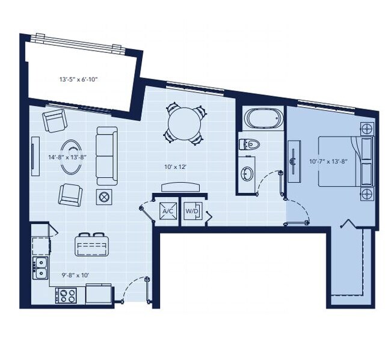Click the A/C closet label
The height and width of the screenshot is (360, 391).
(167, 212)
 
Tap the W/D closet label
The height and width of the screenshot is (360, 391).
(192, 212)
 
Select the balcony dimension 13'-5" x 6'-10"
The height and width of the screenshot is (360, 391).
(78, 79)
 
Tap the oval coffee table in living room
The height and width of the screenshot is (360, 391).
(73, 157)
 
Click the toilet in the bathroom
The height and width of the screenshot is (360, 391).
(250, 144)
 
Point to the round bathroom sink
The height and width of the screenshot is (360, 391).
(247, 174)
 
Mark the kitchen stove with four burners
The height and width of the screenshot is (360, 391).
(66, 296)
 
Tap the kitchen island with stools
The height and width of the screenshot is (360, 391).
(93, 245)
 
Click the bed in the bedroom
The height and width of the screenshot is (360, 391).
(344, 160)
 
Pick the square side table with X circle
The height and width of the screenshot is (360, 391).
(105, 196)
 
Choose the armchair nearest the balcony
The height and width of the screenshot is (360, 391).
(55, 121)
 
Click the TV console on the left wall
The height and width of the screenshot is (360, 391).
(35, 156)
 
